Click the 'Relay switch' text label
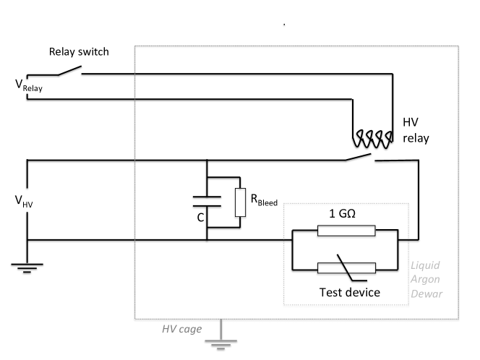[x=80, y=52]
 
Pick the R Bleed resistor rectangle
[x=240, y=202]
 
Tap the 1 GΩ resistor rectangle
[x=346, y=231]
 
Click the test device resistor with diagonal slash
[x=346, y=267]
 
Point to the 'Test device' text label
[x=349, y=293]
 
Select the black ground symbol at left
[x=27, y=265]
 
